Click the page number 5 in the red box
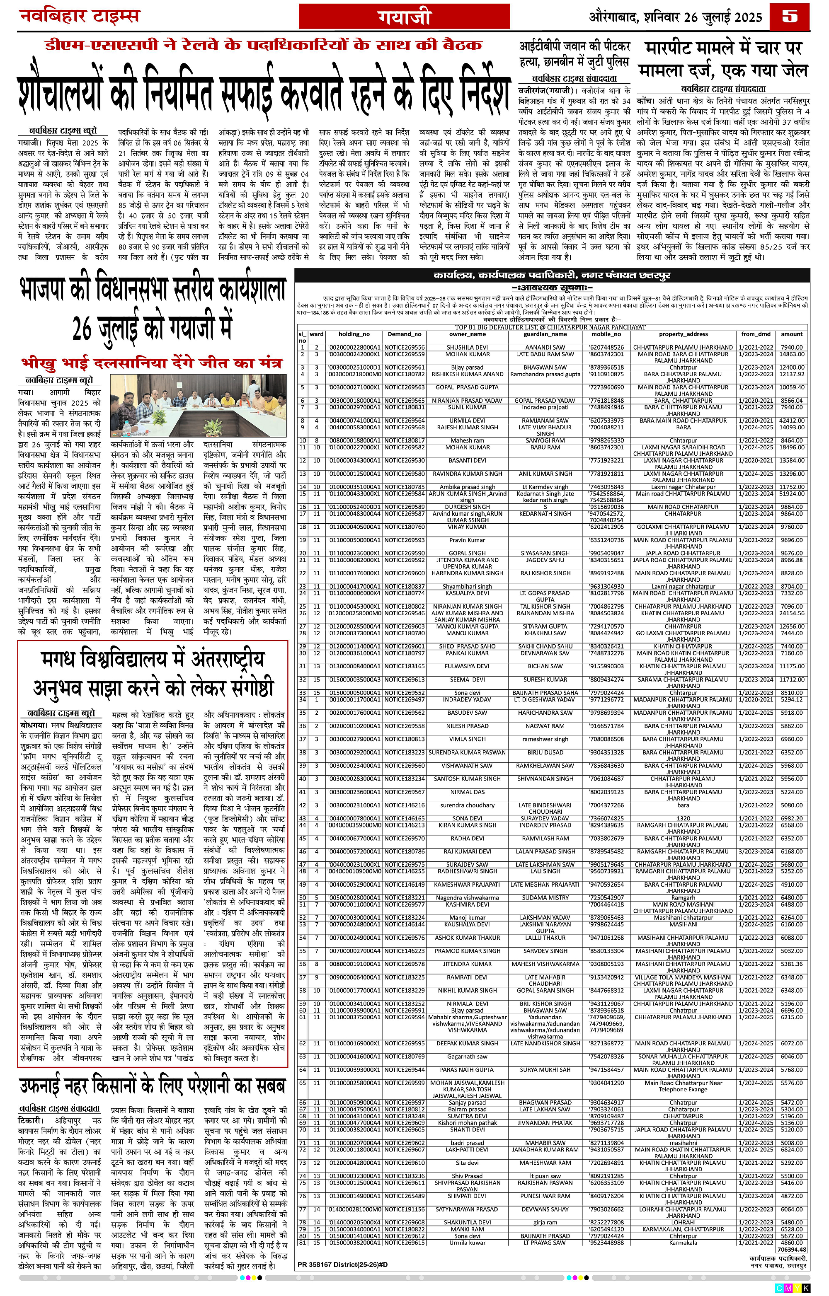789,17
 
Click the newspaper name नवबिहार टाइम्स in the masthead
80,16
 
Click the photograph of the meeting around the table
198,406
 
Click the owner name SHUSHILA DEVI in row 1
467,348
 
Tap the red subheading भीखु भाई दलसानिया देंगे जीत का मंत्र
152,363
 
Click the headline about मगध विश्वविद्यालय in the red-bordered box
153,673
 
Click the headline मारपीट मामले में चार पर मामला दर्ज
723,59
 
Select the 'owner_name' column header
467,334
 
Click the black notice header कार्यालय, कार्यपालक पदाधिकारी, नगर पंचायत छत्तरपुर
552,276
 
